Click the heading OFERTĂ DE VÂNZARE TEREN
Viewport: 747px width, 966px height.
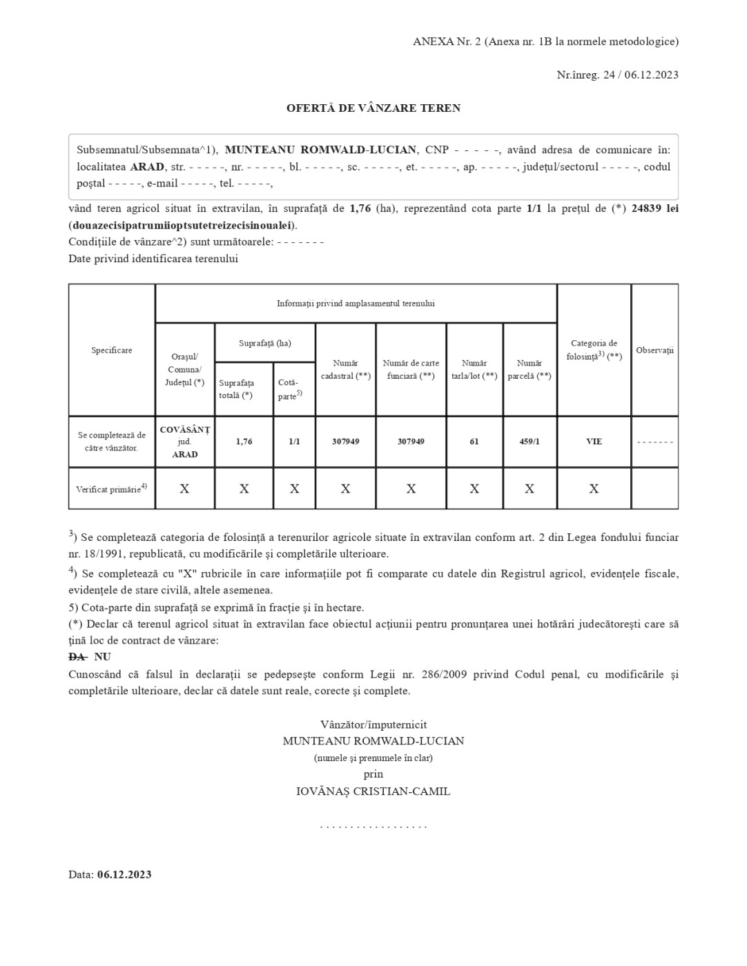click(x=373, y=108)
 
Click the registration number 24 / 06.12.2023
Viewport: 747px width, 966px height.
click(x=641, y=75)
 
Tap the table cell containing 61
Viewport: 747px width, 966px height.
click(x=474, y=442)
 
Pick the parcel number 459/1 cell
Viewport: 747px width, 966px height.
click(x=530, y=442)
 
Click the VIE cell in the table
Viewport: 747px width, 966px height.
click(x=594, y=442)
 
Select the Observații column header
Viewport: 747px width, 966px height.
click(x=654, y=351)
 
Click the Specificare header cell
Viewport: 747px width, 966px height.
click(x=112, y=351)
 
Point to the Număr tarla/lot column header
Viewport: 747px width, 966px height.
click(x=474, y=369)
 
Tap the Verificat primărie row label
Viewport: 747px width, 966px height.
click(x=112, y=489)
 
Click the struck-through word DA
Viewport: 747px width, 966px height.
click(x=77, y=657)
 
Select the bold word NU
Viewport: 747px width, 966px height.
click(x=102, y=657)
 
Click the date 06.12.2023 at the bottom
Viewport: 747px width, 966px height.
click(x=124, y=875)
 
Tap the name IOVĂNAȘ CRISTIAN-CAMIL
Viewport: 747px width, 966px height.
click(x=373, y=791)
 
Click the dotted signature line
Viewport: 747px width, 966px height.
click(x=373, y=826)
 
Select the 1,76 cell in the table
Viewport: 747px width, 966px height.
click(x=244, y=442)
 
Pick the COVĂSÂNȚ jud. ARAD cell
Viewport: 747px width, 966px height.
click(x=185, y=442)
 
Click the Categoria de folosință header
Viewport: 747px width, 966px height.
click(x=594, y=350)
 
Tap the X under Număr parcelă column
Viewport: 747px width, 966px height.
click(x=530, y=489)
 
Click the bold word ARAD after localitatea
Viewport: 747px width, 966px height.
click(x=147, y=167)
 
